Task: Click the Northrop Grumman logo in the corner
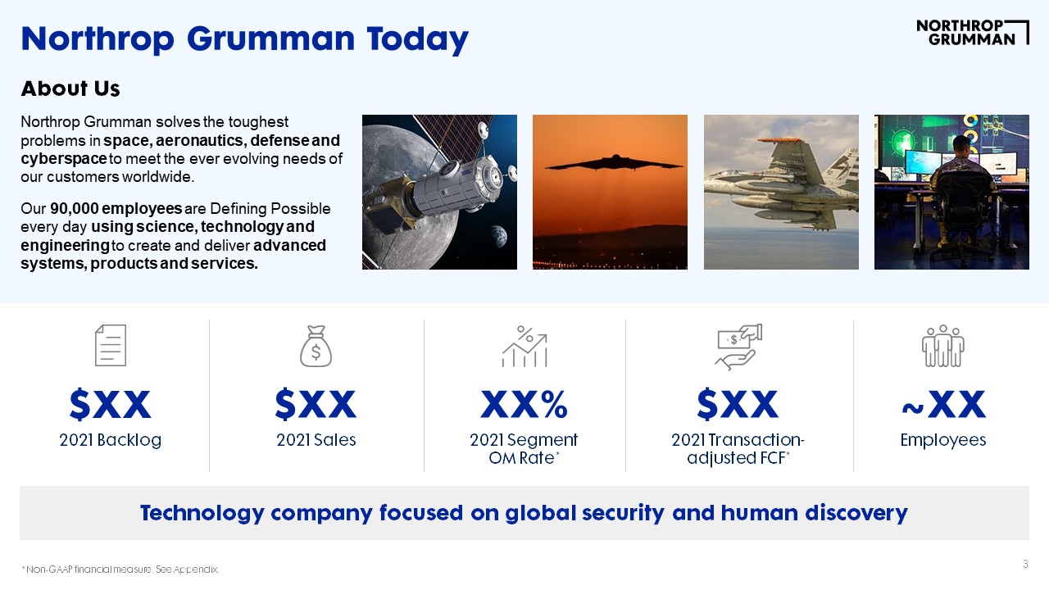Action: coord(972,32)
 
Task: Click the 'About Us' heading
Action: coord(70,88)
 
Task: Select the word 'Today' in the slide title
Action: coord(417,39)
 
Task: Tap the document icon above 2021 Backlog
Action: coord(111,345)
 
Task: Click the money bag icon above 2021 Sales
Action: coord(316,346)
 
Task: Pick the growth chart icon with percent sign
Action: coord(524,347)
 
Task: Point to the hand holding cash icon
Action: coord(738,347)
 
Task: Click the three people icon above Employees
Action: coord(942,346)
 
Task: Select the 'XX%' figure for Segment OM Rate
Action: coord(524,404)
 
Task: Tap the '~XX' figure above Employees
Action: coord(943,404)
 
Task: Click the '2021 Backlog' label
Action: coord(111,440)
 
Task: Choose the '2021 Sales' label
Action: coord(316,440)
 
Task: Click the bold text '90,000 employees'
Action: coord(116,208)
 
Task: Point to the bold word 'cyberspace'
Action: coord(64,159)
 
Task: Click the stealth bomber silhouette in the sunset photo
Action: coord(614,163)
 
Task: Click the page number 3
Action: coord(1025,565)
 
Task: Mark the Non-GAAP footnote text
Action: coord(120,570)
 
